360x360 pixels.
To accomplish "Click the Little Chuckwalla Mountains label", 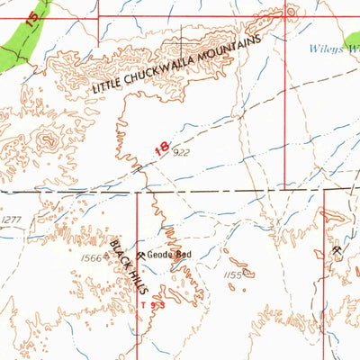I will click(176, 67).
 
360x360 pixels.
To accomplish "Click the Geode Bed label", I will click(170, 254).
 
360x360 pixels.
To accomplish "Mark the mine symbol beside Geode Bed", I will click(141, 255).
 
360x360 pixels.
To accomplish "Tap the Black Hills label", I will click(125, 260).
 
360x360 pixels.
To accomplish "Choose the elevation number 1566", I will click(91, 258).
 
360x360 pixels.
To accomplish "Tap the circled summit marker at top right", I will click(290, 12).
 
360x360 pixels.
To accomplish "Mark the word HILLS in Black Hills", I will click(131, 271).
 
